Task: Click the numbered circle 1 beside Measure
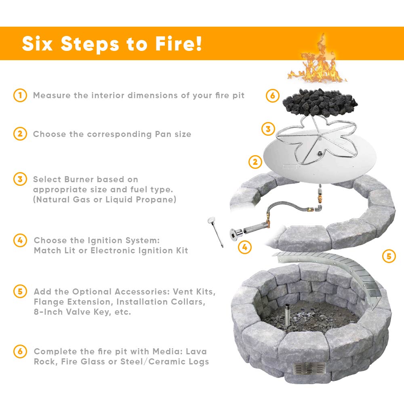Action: coord(19,96)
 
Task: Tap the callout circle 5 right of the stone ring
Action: coord(389,256)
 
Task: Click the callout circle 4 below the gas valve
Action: coord(244,246)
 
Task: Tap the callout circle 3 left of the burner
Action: coord(268,129)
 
